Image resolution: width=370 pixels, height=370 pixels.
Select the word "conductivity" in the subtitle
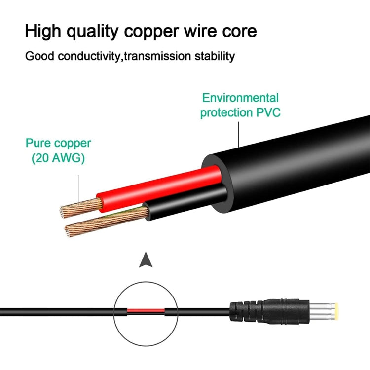click(90, 56)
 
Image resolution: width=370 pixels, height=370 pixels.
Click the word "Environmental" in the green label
click(240, 98)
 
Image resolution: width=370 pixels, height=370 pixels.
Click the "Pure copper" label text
click(58, 144)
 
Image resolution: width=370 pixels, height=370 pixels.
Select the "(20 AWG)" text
click(58, 158)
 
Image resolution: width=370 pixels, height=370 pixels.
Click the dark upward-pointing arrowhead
click(145, 260)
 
